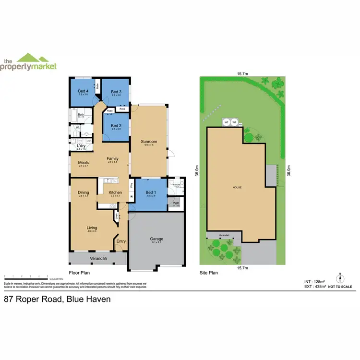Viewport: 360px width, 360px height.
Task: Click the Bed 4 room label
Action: (83, 91)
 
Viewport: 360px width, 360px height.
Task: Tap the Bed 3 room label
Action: (116, 92)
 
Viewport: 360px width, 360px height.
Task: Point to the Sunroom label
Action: (148, 142)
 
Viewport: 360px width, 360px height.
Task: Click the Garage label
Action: (156, 239)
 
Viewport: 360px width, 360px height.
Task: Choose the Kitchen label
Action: (115, 192)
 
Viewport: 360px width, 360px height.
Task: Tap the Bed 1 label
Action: (151, 192)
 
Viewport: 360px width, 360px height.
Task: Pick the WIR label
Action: (176, 204)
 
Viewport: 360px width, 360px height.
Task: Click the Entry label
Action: (121, 241)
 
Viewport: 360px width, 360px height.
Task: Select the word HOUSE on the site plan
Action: (237, 187)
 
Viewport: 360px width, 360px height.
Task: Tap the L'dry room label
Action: (81, 145)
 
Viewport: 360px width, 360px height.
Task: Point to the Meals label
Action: (84, 162)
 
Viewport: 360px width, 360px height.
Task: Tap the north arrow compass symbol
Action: (340, 277)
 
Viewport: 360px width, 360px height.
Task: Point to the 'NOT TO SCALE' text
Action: (341, 287)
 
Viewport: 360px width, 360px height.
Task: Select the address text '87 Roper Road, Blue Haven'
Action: (58, 299)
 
